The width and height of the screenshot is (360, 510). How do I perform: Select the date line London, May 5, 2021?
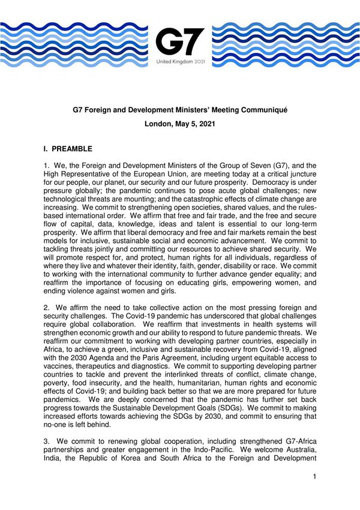pos(179,126)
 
